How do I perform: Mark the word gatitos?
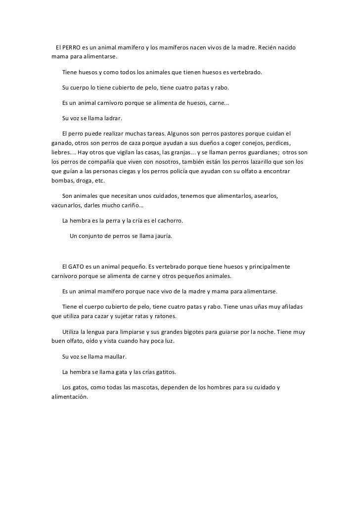click(x=163, y=372)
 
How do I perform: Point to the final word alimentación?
click(x=70, y=397)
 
